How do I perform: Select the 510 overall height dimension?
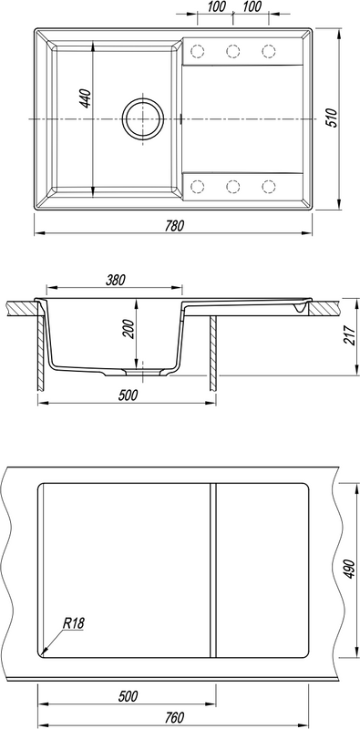[331, 118]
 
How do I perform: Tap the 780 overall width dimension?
[175, 225]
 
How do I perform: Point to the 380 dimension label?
[116, 280]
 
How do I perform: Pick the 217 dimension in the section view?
[348, 334]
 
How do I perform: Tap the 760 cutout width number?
[175, 716]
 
